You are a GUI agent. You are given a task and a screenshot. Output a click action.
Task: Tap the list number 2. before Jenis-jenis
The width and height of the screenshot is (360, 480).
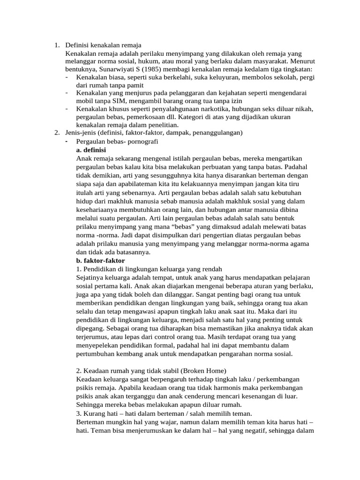click(x=56, y=133)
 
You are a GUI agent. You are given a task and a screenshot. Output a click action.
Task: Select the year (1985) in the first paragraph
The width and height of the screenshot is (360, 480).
click(x=135, y=69)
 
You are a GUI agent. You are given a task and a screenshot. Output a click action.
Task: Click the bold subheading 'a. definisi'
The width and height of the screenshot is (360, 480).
click(x=90, y=150)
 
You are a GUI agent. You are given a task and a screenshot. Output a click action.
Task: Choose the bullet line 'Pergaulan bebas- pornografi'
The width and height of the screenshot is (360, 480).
click(x=117, y=141)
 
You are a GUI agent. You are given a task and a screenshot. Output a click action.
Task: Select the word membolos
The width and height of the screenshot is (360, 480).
click(x=232, y=77)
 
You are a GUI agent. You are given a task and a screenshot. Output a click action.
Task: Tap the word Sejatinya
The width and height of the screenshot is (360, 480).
click(x=90, y=277)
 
